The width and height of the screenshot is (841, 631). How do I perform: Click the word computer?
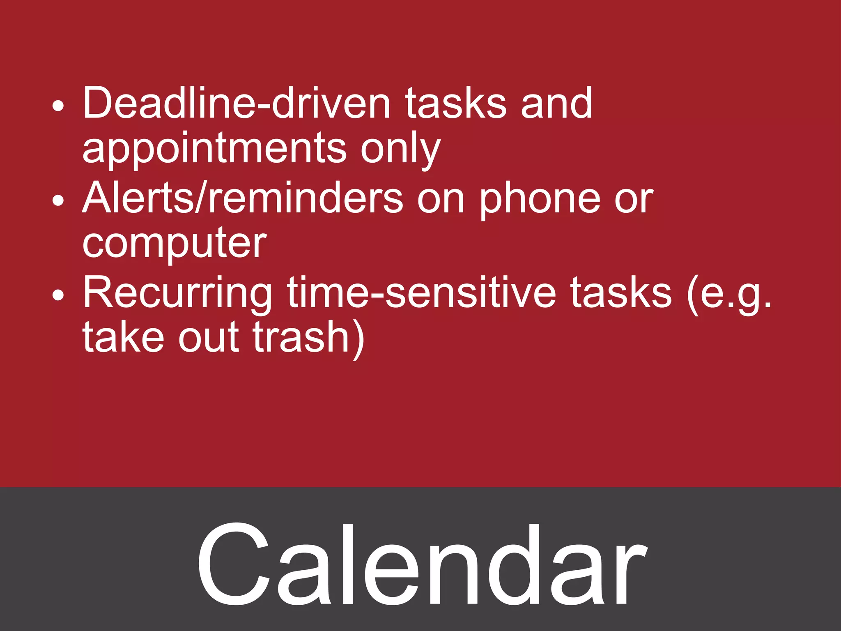coord(174,244)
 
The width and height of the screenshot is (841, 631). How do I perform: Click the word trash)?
coord(308,338)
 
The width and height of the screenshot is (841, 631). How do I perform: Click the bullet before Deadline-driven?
coord(58,106)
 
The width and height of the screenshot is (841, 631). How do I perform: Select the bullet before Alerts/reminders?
coord(58,201)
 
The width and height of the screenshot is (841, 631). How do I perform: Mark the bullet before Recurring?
coord(58,295)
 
